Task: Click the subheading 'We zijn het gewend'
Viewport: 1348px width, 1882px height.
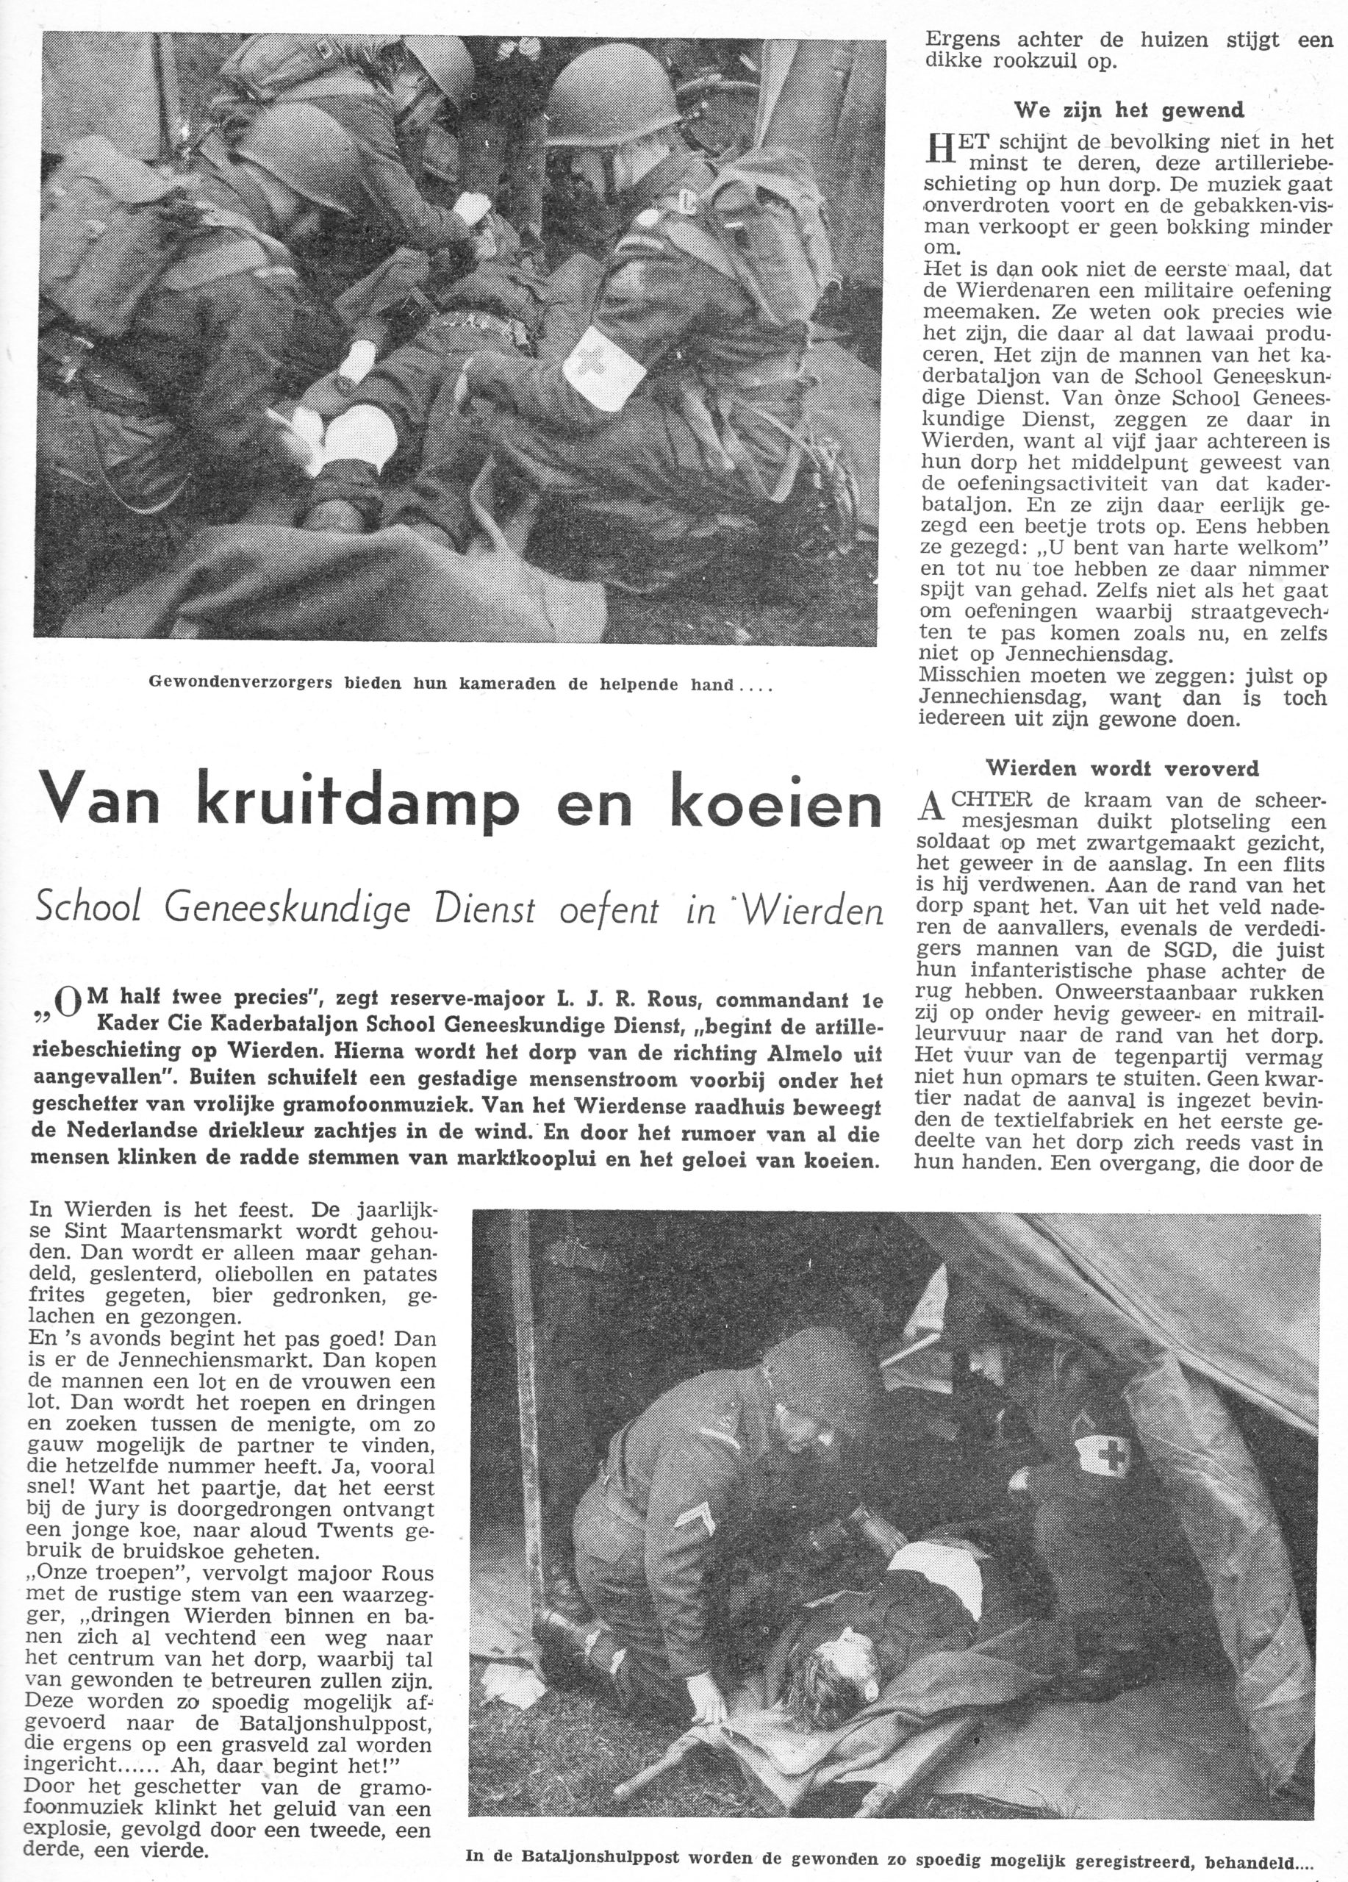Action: coord(1129,110)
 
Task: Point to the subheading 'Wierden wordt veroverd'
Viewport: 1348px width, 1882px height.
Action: coord(1122,768)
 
